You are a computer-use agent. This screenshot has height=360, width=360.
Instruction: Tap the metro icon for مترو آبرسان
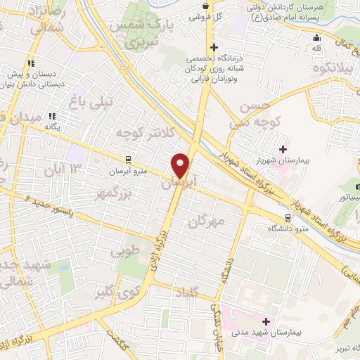(128, 160)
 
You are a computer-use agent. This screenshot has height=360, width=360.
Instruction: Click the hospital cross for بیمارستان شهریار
(283, 149)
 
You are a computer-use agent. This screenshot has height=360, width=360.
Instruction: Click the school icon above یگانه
(51, 116)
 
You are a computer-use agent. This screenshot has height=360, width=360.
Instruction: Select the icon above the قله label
(317, 38)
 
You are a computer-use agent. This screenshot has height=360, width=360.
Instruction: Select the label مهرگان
(206, 220)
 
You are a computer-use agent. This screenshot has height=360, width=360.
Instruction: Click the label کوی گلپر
(115, 288)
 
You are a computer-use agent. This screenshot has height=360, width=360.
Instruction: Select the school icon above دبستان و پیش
(31, 63)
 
